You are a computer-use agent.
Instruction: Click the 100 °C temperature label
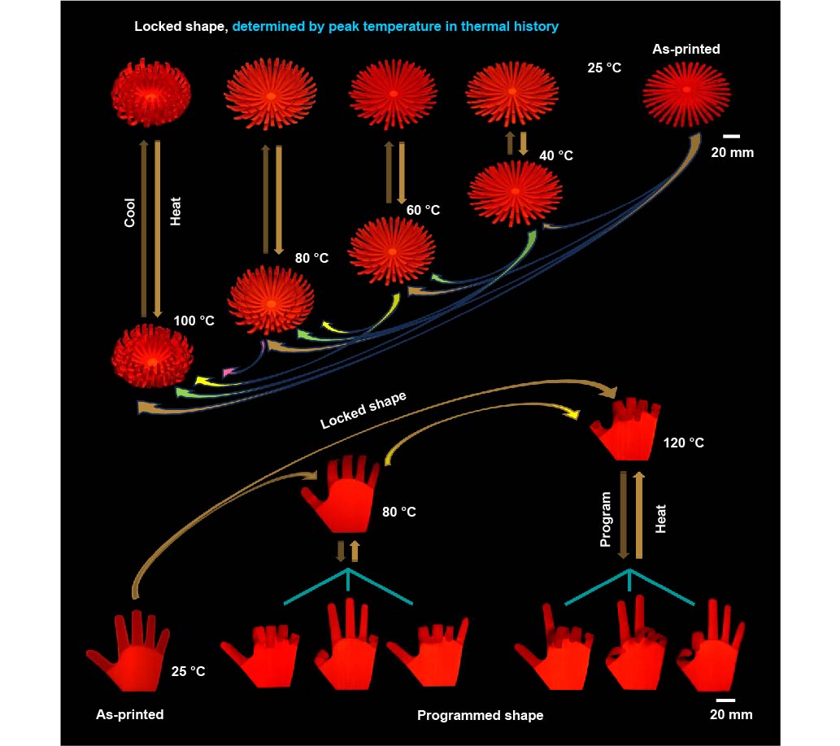click(194, 321)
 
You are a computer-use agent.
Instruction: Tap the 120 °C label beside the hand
click(684, 443)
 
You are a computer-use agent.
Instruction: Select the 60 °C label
click(423, 210)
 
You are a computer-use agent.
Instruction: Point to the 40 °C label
click(556, 155)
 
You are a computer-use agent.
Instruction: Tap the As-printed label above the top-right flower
click(685, 50)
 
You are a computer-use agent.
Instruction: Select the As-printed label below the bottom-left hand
click(130, 714)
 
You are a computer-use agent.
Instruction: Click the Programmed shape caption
click(480, 716)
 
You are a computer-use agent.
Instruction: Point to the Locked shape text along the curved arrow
click(363, 411)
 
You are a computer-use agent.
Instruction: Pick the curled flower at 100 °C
click(153, 356)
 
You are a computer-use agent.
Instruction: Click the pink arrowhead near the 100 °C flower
click(228, 373)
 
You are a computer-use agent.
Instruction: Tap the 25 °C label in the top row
click(604, 68)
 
